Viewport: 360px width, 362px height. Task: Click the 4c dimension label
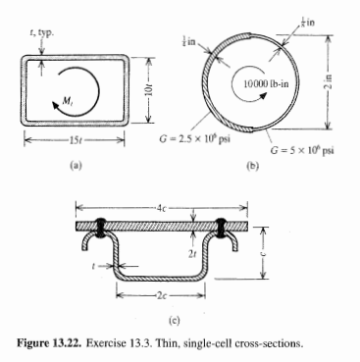pos(164,209)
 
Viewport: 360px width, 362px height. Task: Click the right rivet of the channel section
pos(221,227)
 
